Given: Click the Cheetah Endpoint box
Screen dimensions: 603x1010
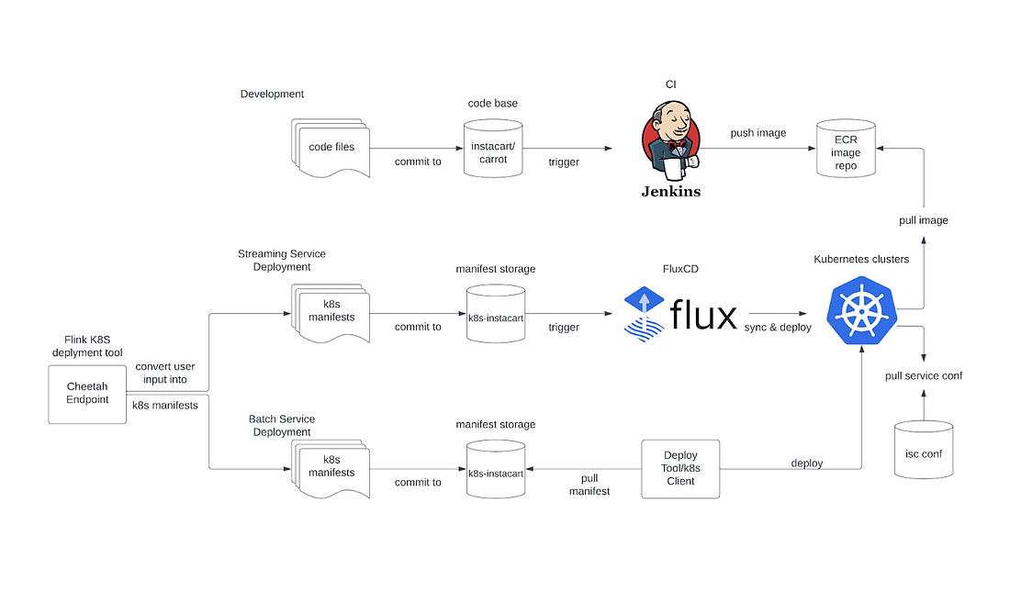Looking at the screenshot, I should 87,394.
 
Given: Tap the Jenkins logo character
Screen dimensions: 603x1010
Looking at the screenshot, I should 670,142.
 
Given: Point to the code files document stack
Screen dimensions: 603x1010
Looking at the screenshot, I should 331,147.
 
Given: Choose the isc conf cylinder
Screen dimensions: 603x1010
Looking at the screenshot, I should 923,452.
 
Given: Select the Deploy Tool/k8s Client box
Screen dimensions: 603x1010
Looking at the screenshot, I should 680,468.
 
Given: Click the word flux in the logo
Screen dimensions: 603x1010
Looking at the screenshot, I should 703,315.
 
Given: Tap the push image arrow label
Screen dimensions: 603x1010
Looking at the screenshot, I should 757,133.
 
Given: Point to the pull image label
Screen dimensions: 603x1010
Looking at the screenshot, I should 923,220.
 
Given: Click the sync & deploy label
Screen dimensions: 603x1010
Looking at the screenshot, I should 778,327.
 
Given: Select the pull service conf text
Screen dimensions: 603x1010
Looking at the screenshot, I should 923,375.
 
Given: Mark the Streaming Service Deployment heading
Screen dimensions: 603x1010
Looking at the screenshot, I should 281,261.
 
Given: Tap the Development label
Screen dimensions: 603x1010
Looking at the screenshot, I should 272,94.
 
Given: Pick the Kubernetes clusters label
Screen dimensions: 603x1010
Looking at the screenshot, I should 861,259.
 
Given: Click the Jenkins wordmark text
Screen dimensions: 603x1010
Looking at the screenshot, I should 670,192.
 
